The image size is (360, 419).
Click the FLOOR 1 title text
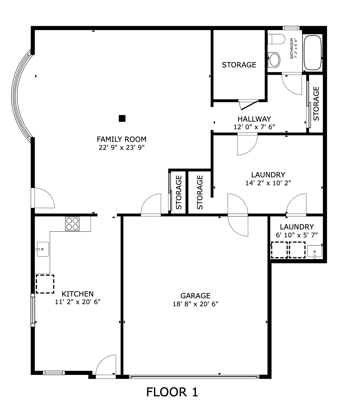coord(172,392)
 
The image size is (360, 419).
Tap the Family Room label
coord(122,139)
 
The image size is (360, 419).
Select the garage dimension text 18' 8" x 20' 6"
coord(195,304)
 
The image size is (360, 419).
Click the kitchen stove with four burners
coord(72,224)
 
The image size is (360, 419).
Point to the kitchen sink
coord(42,249)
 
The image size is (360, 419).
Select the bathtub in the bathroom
coord(313,52)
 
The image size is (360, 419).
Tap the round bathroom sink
coord(274,59)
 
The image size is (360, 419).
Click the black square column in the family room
coord(122,118)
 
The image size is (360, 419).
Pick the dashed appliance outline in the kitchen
coord(45,284)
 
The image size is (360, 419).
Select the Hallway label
coord(254,119)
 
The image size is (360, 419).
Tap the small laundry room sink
coord(314,251)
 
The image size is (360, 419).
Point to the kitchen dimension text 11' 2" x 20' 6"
coord(78,302)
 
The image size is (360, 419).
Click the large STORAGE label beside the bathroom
coord(239,65)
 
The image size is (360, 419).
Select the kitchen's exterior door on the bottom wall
coord(106,366)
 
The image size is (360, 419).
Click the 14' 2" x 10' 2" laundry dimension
coord(268,183)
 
